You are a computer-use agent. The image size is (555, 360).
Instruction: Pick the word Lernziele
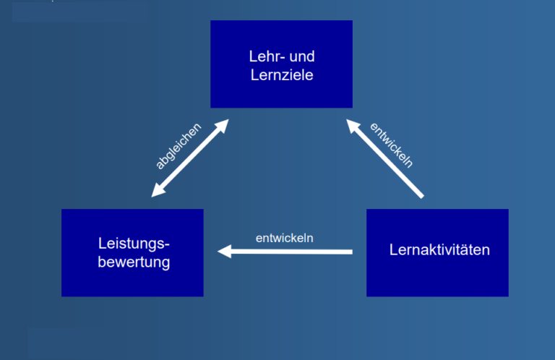(281, 74)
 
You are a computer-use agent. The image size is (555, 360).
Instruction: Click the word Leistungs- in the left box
(134, 244)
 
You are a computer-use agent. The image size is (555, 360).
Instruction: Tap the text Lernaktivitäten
(439, 250)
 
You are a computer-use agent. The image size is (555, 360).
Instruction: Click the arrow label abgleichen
(178, 146)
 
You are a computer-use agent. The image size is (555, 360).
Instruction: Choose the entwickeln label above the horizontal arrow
(284, 238)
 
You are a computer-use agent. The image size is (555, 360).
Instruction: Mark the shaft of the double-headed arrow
(190, 159)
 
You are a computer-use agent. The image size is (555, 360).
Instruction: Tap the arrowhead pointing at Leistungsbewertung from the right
(225, 252)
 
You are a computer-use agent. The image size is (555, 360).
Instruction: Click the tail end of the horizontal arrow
(350, 252)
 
